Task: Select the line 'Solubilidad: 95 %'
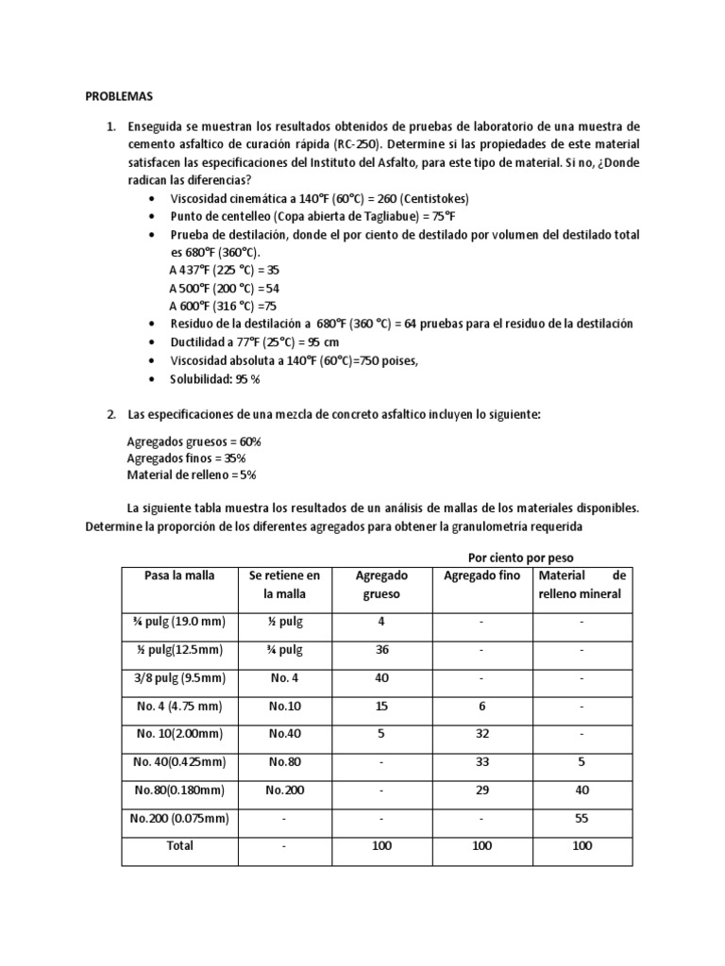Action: tap(214, 378)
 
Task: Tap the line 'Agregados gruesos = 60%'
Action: tap(194, 441)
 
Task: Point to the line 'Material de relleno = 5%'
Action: tap(192, 475)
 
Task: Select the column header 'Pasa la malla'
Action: tap(178, 575)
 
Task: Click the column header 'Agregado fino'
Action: tap(481, 575)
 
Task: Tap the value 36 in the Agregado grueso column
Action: tap(382, 650)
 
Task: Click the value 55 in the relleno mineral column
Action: tap(582, 819)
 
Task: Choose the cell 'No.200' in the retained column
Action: tap(285, 791)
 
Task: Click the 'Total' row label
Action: tap(179, 845)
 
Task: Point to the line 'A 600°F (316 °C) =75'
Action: tap(223, 306)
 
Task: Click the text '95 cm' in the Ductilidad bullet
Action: tap(322, 342)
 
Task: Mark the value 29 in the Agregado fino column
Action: tap(481, 791)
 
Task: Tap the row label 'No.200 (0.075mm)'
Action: tap(178, 819)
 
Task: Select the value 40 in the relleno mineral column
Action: tap(582, 791)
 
